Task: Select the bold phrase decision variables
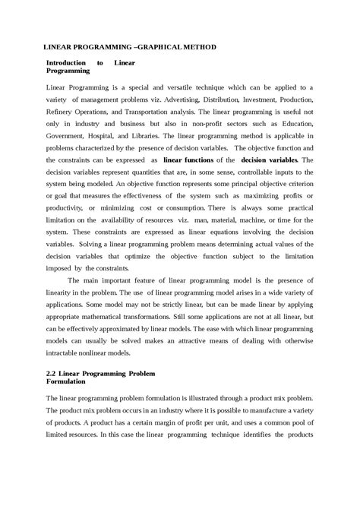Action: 269,161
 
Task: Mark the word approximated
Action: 131,329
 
